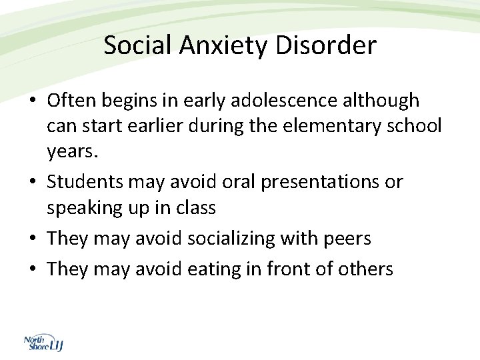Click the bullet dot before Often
point(33,101)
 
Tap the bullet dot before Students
point(33,182)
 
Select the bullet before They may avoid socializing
point(33,239)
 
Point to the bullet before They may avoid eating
point(33,269)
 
